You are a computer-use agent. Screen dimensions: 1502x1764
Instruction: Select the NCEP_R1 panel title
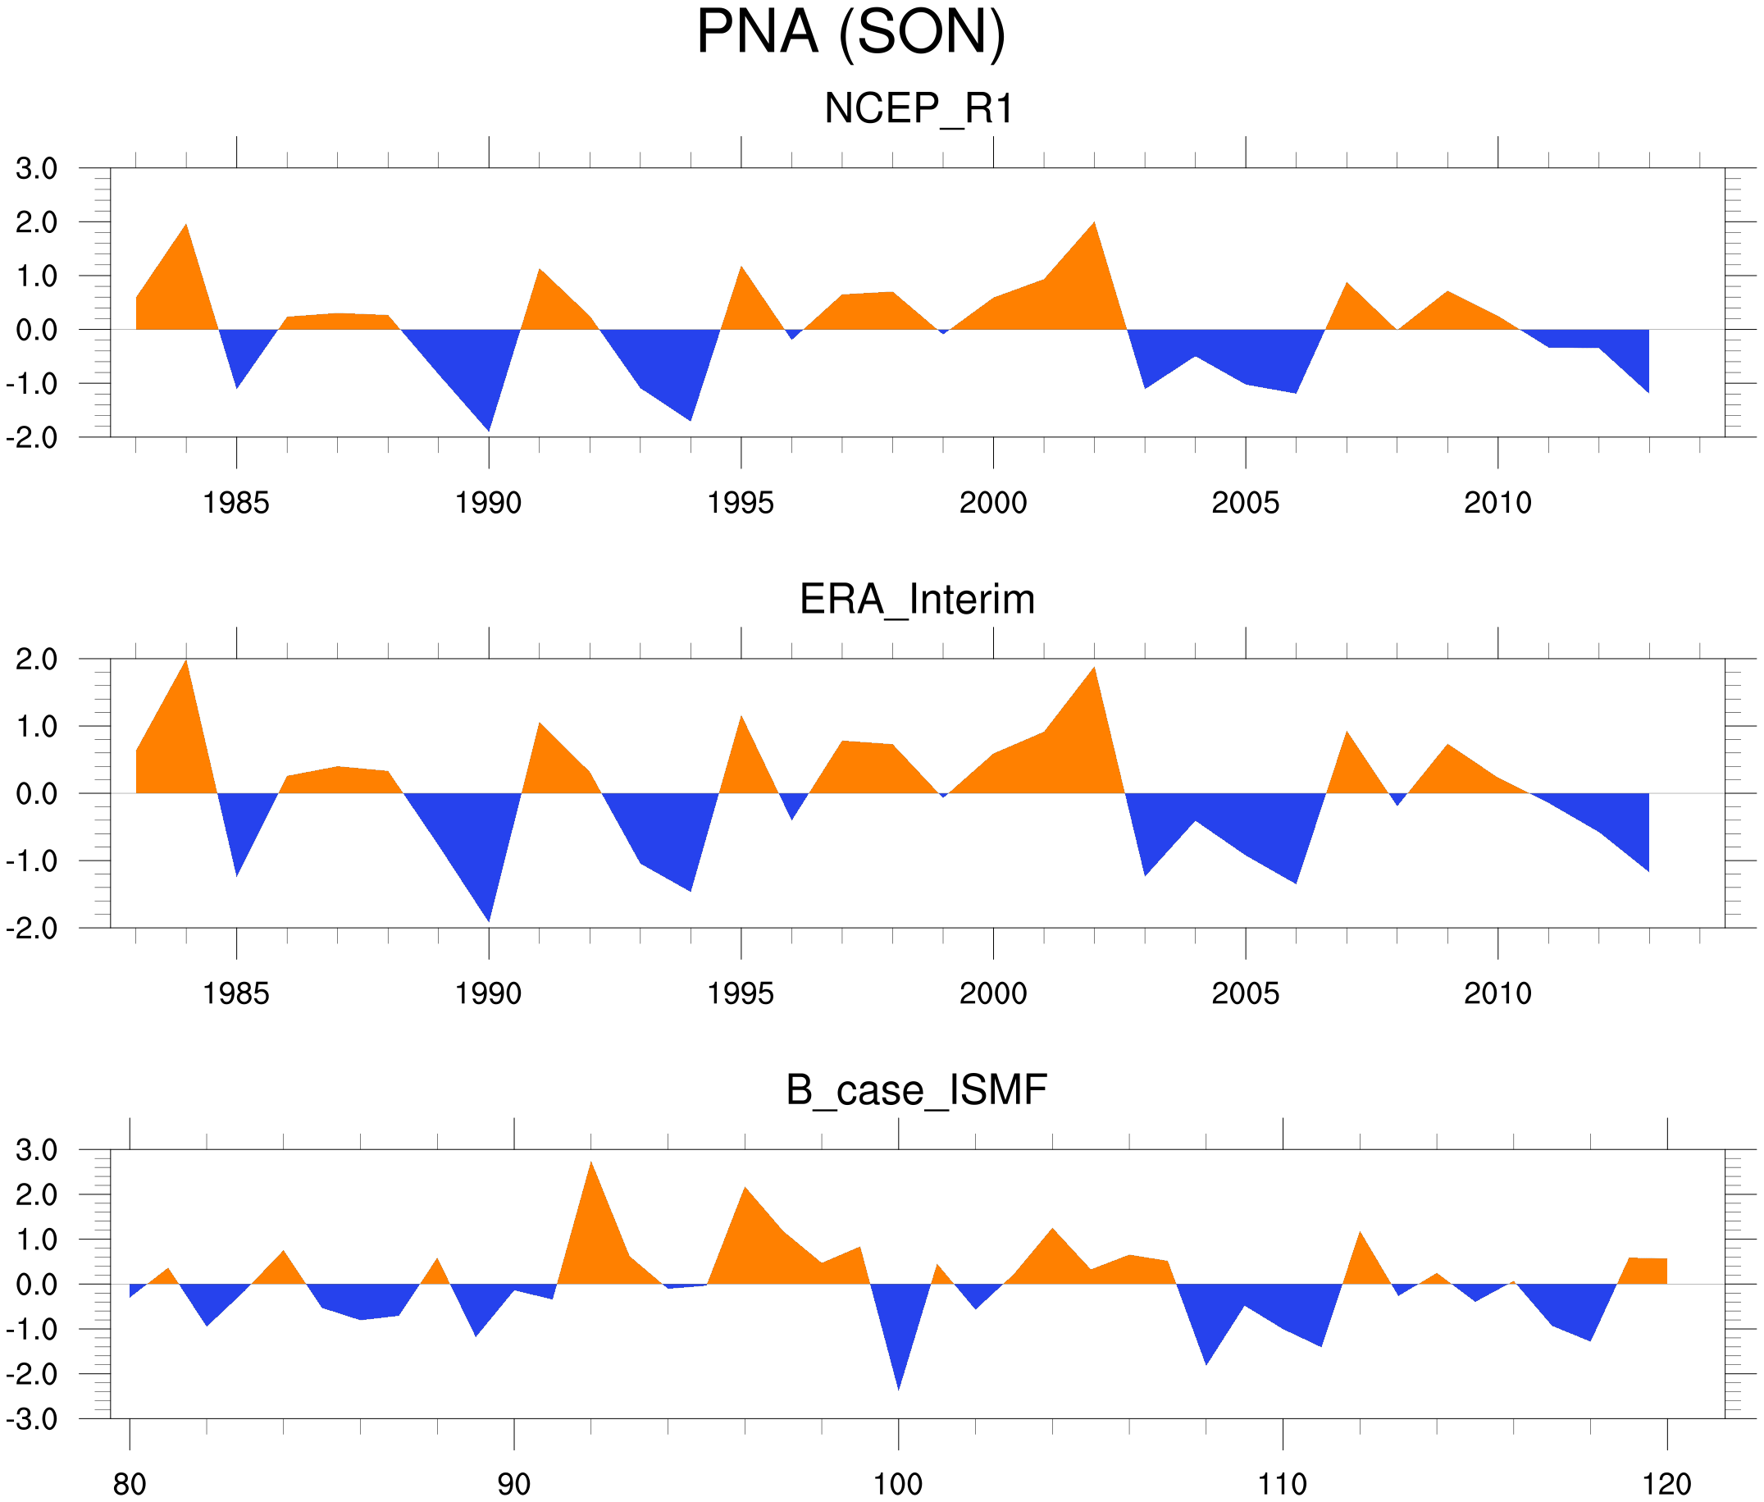(x=918, y=109)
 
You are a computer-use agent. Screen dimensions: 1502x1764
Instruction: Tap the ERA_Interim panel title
(x=917, y=600)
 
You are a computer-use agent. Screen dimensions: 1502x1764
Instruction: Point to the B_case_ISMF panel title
(x=916, y=1091)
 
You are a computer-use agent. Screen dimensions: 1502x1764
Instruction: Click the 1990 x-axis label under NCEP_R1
(x=488, y=503)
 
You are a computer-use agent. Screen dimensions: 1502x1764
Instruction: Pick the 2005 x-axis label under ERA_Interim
(x=1245, y=993)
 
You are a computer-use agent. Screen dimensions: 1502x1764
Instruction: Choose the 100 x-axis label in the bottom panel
(x=898, y=1484)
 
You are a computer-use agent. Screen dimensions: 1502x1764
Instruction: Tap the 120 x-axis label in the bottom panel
(x=1666, y=1484)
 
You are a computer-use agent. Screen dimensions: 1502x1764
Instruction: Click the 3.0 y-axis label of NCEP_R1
(x=37, y=169)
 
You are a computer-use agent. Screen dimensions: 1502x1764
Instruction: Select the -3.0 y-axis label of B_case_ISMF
(x=31, y=1419)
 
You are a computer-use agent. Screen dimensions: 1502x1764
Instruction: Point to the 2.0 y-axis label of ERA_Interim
(x=37, y=659)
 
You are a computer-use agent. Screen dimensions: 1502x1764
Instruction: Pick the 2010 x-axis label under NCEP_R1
(x=1497, y=503)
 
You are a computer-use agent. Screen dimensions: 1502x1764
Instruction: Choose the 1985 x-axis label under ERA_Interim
(x=236, y=993)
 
